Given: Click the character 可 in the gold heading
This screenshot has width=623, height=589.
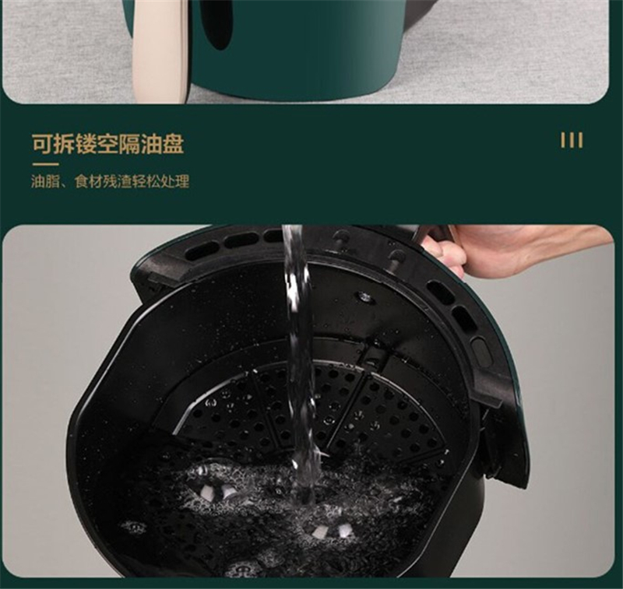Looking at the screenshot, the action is pos(43,144).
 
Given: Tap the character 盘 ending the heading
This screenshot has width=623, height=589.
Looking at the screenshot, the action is pos(173,144).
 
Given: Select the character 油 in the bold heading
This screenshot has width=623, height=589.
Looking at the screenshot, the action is pos(151,144).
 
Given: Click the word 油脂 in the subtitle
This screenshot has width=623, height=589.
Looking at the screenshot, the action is pos(45,181).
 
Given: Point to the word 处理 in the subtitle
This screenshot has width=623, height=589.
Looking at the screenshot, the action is pos(175,181).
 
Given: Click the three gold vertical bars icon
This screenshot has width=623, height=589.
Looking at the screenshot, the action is pos(572,140).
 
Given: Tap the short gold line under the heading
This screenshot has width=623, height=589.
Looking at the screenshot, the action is pos(45,164).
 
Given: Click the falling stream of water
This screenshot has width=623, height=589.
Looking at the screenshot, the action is pos(300,357).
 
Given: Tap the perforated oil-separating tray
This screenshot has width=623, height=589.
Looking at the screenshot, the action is pos(310,408).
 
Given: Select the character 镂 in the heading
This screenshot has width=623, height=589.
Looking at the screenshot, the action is pos(86,144).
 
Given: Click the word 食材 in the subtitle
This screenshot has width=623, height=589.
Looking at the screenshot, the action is pos(89,181).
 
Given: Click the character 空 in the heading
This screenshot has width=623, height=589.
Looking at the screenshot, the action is pos(108,144).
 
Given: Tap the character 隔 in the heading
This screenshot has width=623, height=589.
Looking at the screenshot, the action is pos(129,144).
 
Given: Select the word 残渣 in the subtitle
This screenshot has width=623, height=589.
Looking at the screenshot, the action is pos(118,181).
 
